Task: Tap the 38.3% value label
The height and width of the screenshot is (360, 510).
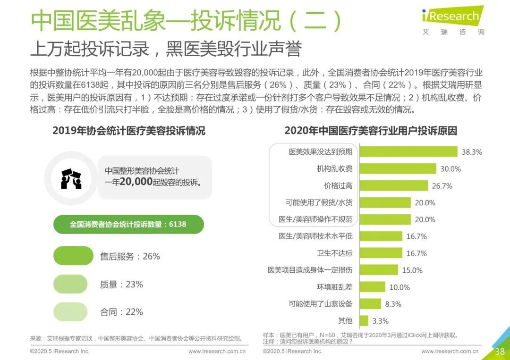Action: coord(472,152)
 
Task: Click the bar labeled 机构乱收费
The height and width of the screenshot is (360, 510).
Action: coord(398,169)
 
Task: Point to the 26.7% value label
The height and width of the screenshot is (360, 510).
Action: coord(442,186)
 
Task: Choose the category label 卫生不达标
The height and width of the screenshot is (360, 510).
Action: coord(335,253)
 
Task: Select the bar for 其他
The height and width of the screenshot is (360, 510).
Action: coord(364,321)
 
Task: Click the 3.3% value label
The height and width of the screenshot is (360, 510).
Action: coord(380,321)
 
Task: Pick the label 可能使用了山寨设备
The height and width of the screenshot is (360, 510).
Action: coord(321,304)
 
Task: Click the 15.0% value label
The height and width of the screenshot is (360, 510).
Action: coord(412,270)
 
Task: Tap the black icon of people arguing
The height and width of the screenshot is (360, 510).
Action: coord(71,178)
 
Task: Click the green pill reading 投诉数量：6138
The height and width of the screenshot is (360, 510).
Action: coord(128,225)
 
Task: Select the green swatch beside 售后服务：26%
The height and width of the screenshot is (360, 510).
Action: coord(73,256)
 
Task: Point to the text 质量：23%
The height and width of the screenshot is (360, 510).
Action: coord(121,285)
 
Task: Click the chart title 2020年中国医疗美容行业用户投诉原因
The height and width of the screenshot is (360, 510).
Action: coord(370,131)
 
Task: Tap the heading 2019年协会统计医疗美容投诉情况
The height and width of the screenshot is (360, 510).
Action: coord(129,131)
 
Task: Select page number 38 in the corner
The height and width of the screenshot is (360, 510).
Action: coord(499,352)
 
